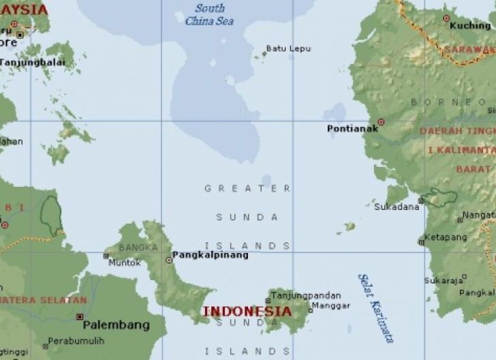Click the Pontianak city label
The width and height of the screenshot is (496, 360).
click(351, 128)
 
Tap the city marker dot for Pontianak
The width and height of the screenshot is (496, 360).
click(381, 122)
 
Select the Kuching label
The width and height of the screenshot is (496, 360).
click(470, 25)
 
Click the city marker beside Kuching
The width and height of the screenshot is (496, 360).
click(446, 18)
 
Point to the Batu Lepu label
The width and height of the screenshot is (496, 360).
click(288, 48)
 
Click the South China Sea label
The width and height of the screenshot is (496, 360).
click(210, 15)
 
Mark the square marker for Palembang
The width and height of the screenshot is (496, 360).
click(80, 317)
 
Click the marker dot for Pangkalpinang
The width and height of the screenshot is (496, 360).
click(169, 260)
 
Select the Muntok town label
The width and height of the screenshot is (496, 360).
click(124, 262)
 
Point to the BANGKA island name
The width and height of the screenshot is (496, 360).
click(138, 247)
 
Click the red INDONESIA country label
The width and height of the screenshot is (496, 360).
click(247, 311)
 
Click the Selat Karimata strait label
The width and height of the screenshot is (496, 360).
click(375, 307)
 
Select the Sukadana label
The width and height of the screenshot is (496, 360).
click(397, 207)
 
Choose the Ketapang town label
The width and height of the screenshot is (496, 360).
click(446, 237)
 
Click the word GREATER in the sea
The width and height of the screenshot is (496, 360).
click(247, 188)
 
